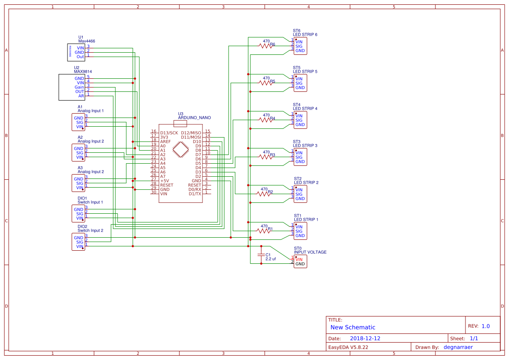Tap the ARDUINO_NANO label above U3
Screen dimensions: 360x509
(194, 118)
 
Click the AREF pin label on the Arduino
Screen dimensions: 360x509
(165, 141)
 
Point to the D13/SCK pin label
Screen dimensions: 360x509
(169, 133)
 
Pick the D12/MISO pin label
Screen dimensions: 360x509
(191, 133)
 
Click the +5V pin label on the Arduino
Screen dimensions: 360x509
(165, 181)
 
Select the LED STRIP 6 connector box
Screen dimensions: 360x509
(300, 46)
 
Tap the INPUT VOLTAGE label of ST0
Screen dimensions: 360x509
(310, 252)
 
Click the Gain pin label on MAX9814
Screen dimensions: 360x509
(79, 87)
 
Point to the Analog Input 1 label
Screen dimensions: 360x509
(91, 111)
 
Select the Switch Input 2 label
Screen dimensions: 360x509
(90, 230)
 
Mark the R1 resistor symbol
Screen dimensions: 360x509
(264, 231)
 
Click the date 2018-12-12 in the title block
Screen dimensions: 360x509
(365, 338)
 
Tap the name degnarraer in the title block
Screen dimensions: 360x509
(458, 347)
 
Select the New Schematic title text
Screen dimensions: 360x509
(353, 327)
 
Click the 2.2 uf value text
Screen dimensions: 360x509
(271, 259)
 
